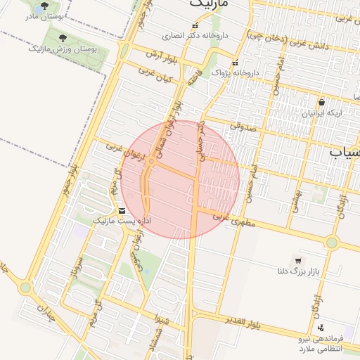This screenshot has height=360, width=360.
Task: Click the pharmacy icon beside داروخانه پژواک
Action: click(235, 62)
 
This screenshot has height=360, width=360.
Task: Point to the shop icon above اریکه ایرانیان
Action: click(321, 102)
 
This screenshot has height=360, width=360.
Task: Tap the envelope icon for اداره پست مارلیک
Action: click(122, 211)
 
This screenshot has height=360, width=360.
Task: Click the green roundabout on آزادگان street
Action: click(332, 243)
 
